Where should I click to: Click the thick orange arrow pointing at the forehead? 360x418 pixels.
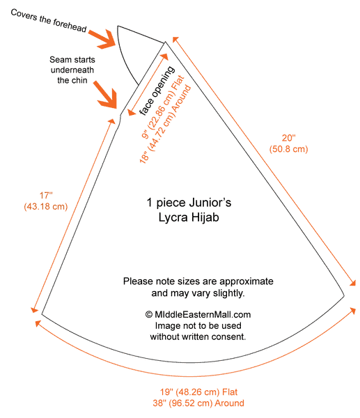pyautogui.click(x=102, y=39)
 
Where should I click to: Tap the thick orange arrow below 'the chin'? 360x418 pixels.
pyautogui.click(x=106, y=95)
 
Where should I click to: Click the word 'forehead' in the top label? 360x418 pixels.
pyautogui.click(x=70, y=26)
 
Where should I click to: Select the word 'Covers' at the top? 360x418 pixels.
pyautogui.click(x=24, y=15)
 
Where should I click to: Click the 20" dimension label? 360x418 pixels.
pyautogui.click(x=289, y=138)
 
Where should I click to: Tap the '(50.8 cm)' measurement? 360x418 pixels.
pyautogui.click(x=288, y=149)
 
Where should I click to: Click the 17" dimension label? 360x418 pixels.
pyautogui.click(x=46, y=195)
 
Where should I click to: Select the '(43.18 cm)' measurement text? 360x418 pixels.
pyautogui.click(x=46, y=207)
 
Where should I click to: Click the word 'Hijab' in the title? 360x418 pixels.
pyautogui.click(x=205, y=217)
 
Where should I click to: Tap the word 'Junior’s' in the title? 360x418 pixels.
pyautogui.click(x=210, y=203)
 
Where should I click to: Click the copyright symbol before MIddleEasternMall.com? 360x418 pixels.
pyautogui.click(x=149, y=315)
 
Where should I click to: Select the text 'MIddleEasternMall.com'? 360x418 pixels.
pyautogui.click(x=203, y=315)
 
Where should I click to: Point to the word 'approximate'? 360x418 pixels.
pyautogui.click(x=246, y=281)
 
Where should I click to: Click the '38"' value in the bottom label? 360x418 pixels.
pyautogui.click(x=158, y=403)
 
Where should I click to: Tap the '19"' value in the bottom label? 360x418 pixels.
pyautogui.click(x=165, y=392)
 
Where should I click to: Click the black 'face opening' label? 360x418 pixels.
pyautogui.click(x=157, y=91)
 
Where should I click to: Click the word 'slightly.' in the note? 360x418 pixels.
pyautogui.click(x=228, y=293)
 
